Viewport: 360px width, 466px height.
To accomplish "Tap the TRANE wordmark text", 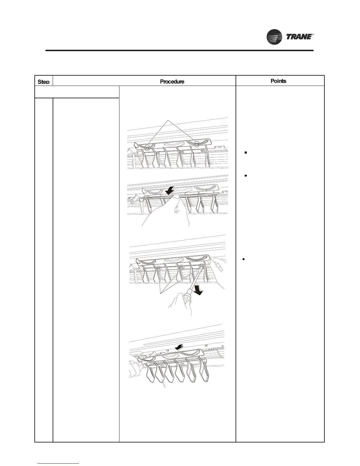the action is click(x=298, y=37).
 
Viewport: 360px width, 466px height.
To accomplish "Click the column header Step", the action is click(x=44, y=81).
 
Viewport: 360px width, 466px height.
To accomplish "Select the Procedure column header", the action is click(x=172, y=81).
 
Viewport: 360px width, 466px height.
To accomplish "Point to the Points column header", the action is click(x=278, y=81).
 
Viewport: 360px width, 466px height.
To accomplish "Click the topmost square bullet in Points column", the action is click(x=245, y=153).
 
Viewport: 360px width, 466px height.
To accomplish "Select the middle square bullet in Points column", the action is click(x=245, y=176).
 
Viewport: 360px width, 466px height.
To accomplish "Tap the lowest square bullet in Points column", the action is click(x=244, y=259).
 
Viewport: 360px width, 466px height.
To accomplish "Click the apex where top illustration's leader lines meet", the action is click(x=168, y=121).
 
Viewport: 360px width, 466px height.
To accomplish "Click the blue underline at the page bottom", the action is click(x=59, y=464).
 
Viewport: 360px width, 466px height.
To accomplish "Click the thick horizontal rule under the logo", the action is click(x=179, y=51).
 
